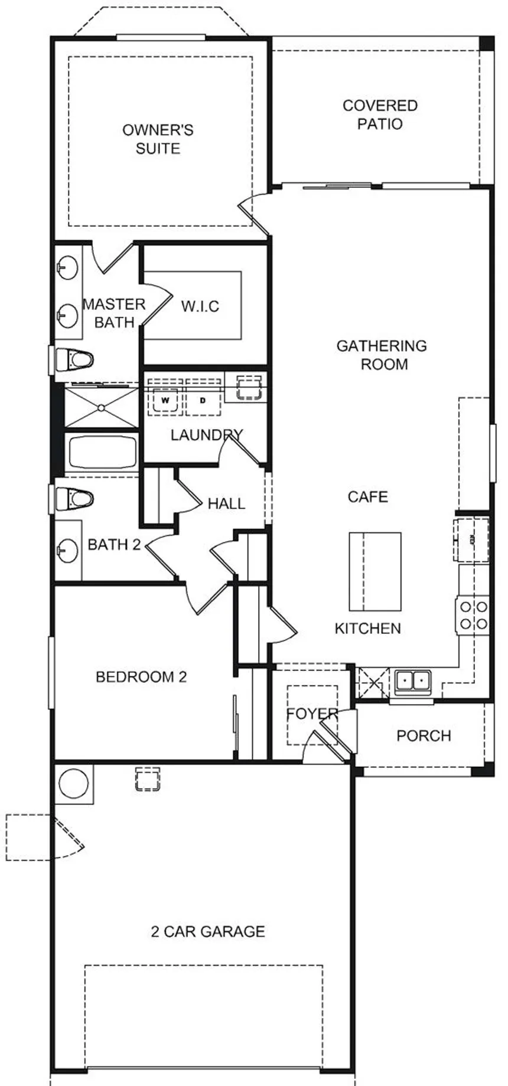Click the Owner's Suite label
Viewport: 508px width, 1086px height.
pos(158,139)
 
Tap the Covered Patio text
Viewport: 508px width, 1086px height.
pos(380,115)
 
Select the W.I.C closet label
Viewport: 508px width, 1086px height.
pos(200,306)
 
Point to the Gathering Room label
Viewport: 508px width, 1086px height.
pos(382,355)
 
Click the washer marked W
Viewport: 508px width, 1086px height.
pos(165,401)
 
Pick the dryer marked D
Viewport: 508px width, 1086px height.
pos(203,401)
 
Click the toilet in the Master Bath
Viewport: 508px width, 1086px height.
pos(74,359)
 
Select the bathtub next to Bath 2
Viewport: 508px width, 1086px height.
pos(102,453)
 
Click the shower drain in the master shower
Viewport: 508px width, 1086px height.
pos(101,407)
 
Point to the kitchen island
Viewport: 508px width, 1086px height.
pos(375,571)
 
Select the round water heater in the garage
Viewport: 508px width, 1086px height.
pos(74,784)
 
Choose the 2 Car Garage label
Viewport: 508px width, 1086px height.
pos(208,931)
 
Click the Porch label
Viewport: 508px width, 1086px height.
pos(424,735)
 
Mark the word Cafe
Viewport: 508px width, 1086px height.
pos(368,497)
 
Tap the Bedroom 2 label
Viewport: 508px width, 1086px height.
pos(141,676)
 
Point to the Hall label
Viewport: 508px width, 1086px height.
pos(226,503)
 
